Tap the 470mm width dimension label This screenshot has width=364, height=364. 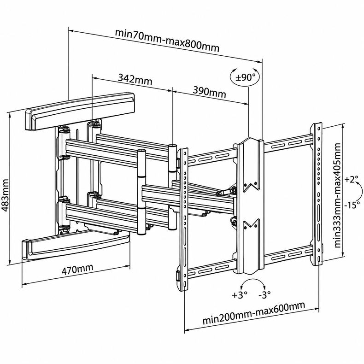click(x=77, y=269)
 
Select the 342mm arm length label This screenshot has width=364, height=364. click(x=135, y=79)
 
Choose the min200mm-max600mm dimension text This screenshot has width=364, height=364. click(x=254, y=313)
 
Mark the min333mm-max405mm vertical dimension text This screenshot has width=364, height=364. click(x=338, y=195)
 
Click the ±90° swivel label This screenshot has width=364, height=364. click(x=245, y=77)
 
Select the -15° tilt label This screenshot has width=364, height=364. click(x=352, y=205)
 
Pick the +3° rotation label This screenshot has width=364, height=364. click(x=240, y=295)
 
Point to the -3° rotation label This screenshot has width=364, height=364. click(x=264, y=295)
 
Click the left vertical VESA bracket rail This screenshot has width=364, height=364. click(x=183, y=219)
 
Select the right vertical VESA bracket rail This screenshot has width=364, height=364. click(x=317, y=194)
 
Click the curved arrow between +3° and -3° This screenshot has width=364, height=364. click(x=253, y=280)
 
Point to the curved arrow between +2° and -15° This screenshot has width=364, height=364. click(x=361, y=192)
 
